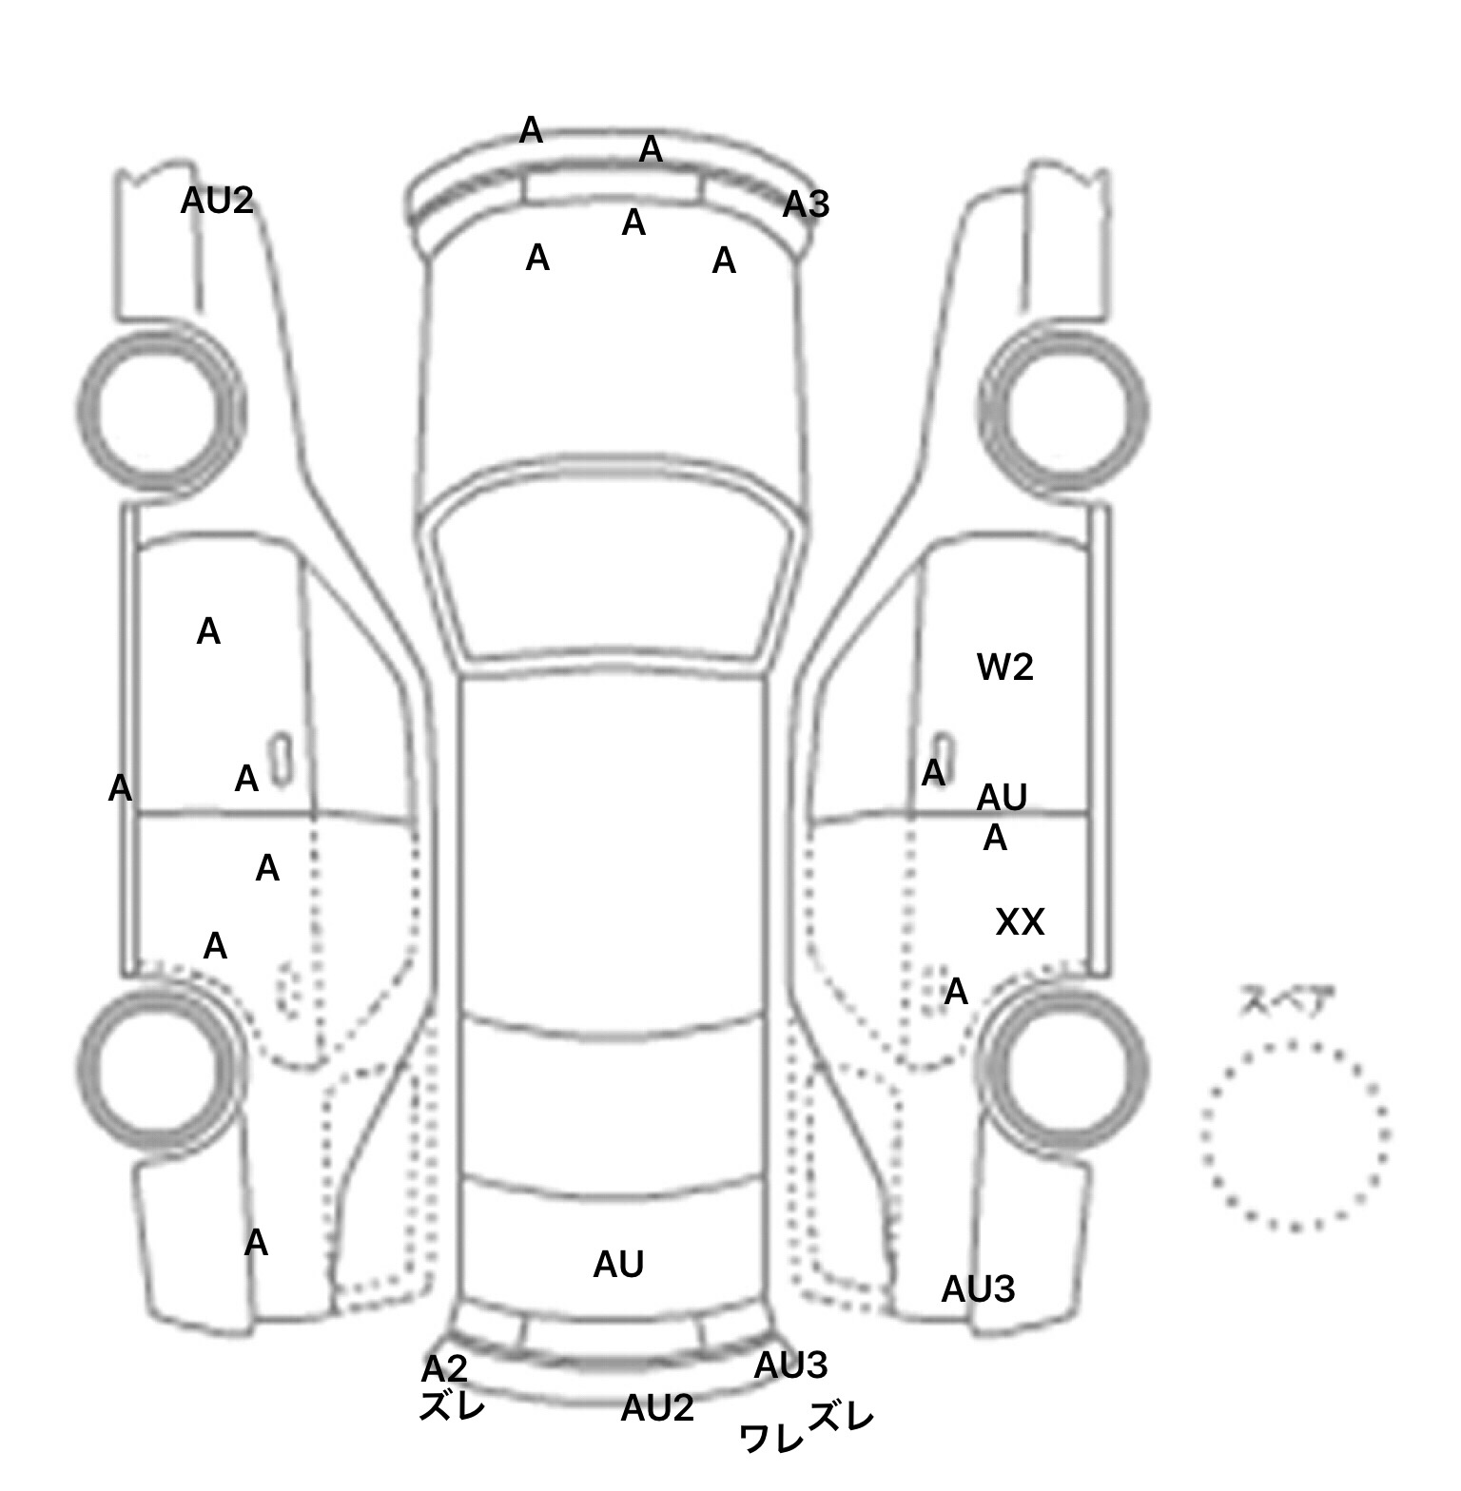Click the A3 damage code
click(x=806, y=204)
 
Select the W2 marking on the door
click(x=1004, y=668)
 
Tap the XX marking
click(x=1020, y=921)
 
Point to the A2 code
click(x=444, y=1368)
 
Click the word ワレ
click(x=771, y=1439)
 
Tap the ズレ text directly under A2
click(x=452, y=1405)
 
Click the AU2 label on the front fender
click(x=217, y=201)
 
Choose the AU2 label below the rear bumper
click(x=656, y=1408)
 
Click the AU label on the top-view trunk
click(x=618, y=1264)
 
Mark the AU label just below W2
click(x=1002, y=797)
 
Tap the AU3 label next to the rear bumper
click(x=790, y=1365)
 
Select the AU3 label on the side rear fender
click(x=978, y=1289)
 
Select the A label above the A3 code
click(x=651, y=149)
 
